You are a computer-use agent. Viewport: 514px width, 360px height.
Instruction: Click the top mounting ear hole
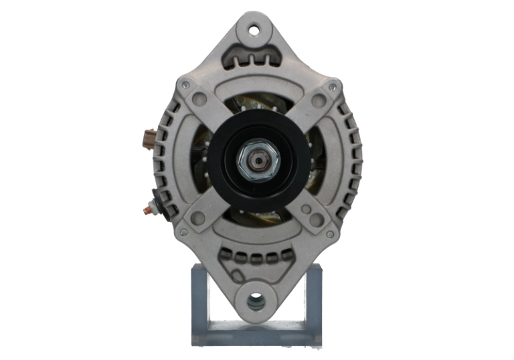coord(254,29)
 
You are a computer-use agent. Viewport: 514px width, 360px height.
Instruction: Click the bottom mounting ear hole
coord(256,302)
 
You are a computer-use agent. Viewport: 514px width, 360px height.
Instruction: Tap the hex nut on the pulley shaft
coord(258,160)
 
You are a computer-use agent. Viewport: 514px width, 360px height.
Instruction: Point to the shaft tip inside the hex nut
coord(258,161)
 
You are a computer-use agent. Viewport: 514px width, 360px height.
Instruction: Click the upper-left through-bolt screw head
coord(185,85)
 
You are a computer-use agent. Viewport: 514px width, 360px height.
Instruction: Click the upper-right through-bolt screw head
coord(333,86)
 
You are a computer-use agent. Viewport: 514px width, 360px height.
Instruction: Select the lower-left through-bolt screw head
coord(183,232)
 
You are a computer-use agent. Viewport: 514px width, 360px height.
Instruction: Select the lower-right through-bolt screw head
coord(329,234)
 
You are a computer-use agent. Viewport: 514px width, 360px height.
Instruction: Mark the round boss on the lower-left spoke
coord(198,218)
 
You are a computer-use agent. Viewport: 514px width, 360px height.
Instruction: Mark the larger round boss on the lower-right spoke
coord(317,219)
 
